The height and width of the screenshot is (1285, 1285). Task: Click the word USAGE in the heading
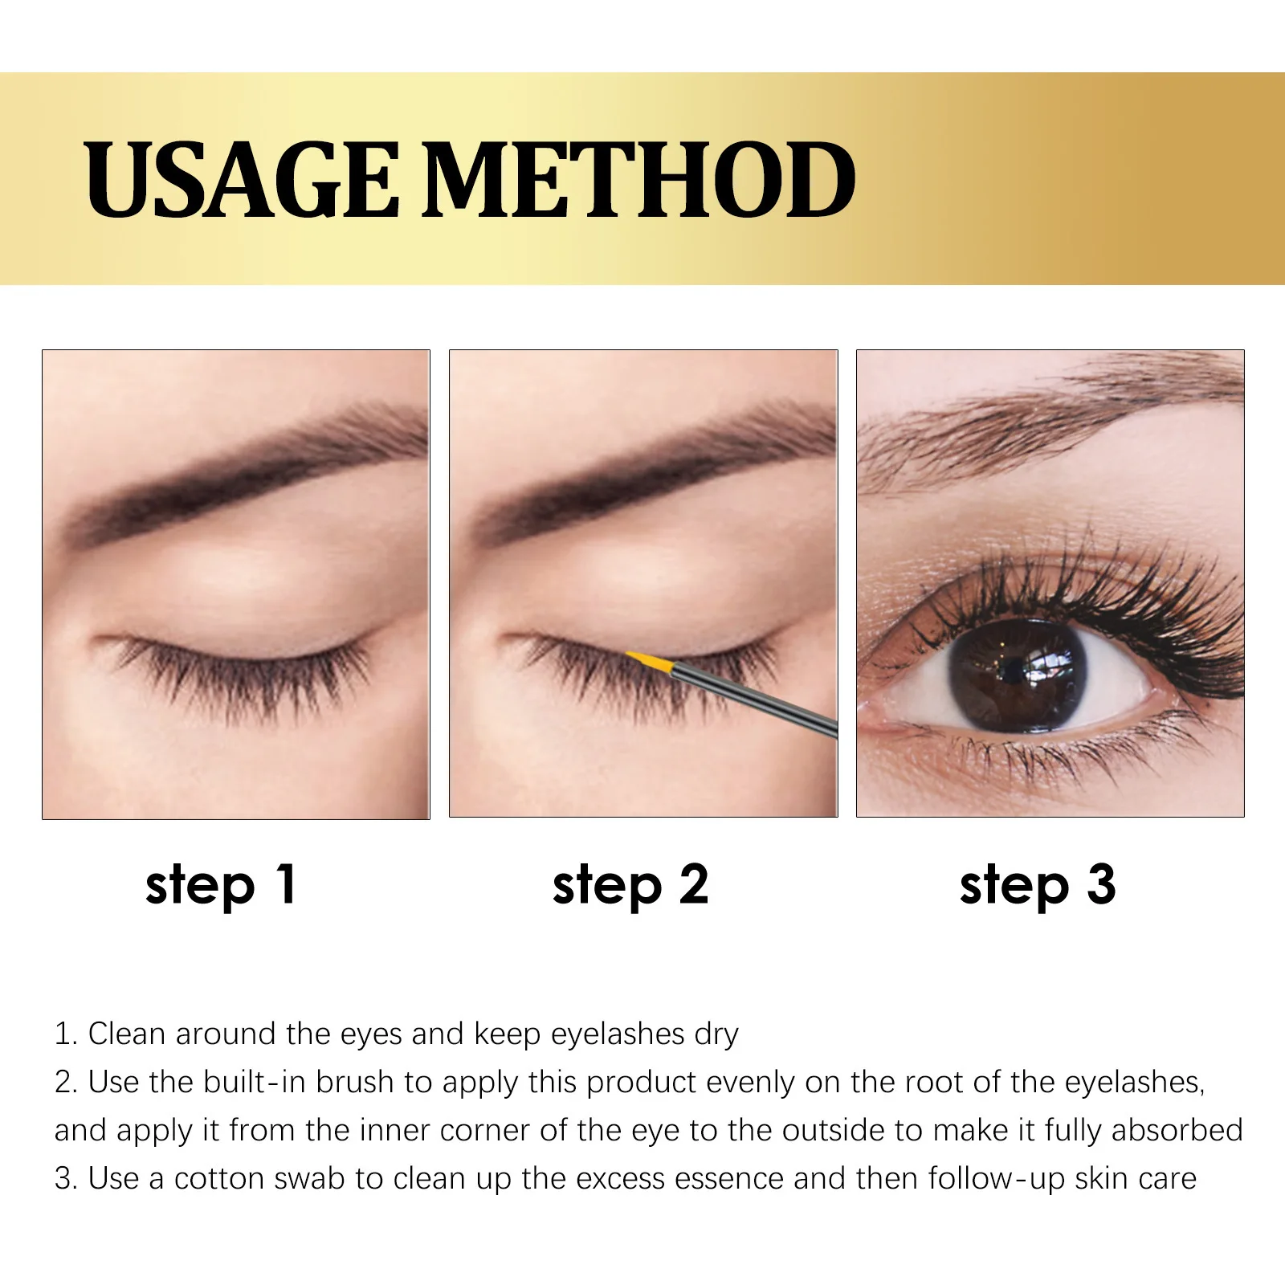click(241, 180)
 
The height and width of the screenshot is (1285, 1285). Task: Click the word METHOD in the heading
click(638, 180)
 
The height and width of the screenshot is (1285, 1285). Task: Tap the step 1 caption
click(221, 885)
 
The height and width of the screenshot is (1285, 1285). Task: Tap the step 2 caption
click(630, 885)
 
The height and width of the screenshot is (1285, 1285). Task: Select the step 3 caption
click(1038, 885)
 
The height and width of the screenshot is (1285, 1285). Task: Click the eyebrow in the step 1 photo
click(241, 474)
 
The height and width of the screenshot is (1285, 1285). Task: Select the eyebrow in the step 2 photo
click(651, 474)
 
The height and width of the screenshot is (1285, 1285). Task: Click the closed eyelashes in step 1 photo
click(241, 671)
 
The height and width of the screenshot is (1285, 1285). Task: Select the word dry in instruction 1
click(716, 1034)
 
